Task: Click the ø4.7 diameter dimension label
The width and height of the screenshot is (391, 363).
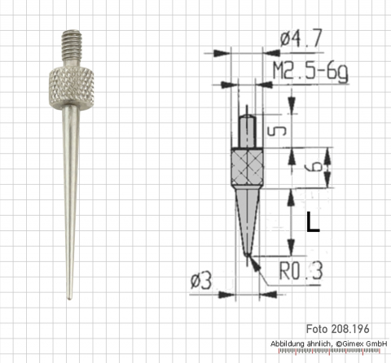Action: [x=301, y=38]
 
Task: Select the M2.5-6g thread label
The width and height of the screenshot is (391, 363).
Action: [x=310, y=71]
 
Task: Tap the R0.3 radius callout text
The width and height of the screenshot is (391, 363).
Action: [x=301, y=270]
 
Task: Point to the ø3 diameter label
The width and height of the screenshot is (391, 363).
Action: [x=200, y=281]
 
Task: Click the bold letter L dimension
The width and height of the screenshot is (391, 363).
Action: [x=313, y=221]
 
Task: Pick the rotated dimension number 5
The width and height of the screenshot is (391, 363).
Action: [x=277, y=131]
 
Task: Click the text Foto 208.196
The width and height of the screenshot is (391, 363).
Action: [x=338, y=329]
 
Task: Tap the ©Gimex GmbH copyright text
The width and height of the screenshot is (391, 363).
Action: [x=362, y=343]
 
